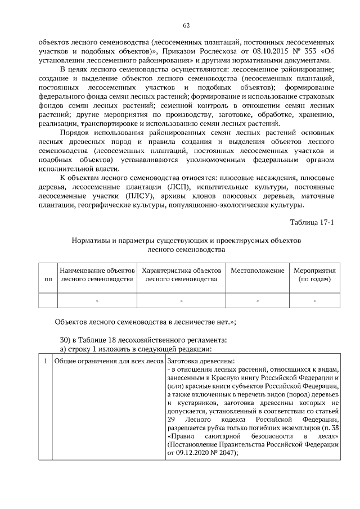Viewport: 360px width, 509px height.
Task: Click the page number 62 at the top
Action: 186,25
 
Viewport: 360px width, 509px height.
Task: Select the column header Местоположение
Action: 257,271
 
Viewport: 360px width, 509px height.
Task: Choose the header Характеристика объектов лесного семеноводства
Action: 181,274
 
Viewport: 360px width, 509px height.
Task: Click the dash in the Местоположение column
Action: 257,301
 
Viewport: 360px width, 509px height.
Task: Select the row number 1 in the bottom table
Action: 45,360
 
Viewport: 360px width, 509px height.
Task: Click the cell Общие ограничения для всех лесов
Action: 109,360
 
